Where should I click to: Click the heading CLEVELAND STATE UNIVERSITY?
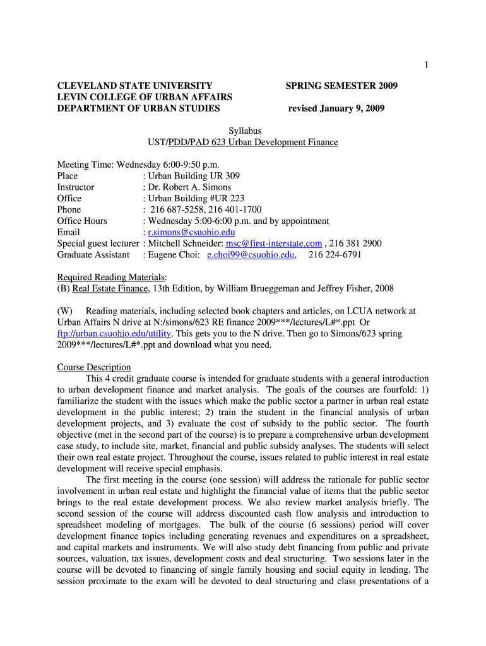click(134, 86)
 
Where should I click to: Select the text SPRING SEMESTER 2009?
click(341, 86)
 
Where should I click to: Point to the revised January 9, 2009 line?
click(336, 109)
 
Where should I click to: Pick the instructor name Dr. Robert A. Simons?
click(189, 187)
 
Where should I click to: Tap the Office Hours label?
click(82, 221)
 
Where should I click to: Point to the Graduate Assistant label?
click(93, 255)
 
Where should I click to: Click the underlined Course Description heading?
click(94, 367)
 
